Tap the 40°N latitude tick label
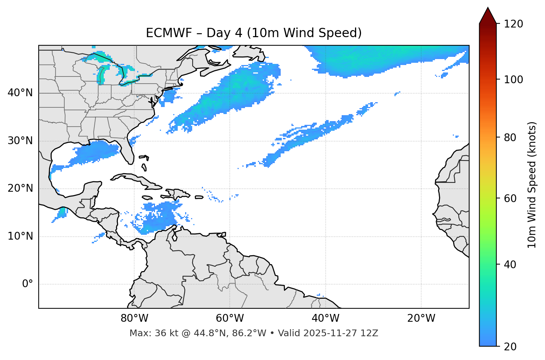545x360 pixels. pyautogui.click(x=20, y=93)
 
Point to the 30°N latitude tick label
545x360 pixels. pyautogui.click(x=20, y=141)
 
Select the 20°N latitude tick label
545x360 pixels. pyautogui.click(x=20, y=188)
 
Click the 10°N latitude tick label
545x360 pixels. pyautogui.click(x=20, y=236)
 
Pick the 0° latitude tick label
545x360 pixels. pyautogui.click(x=28, y=284)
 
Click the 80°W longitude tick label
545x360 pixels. pyautogui.click(x=134, y=318)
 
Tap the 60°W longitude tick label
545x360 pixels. pyautogui.click(x=230, y=318)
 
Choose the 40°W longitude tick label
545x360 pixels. pyautogui.click(x=325, y=318)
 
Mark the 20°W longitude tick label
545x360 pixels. pyautogui.click(x=421, y=318)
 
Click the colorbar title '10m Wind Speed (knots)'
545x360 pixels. pyautogui.click(x=532, y=185)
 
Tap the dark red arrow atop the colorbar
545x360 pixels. pyautogui.click(x=488, y=16)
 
